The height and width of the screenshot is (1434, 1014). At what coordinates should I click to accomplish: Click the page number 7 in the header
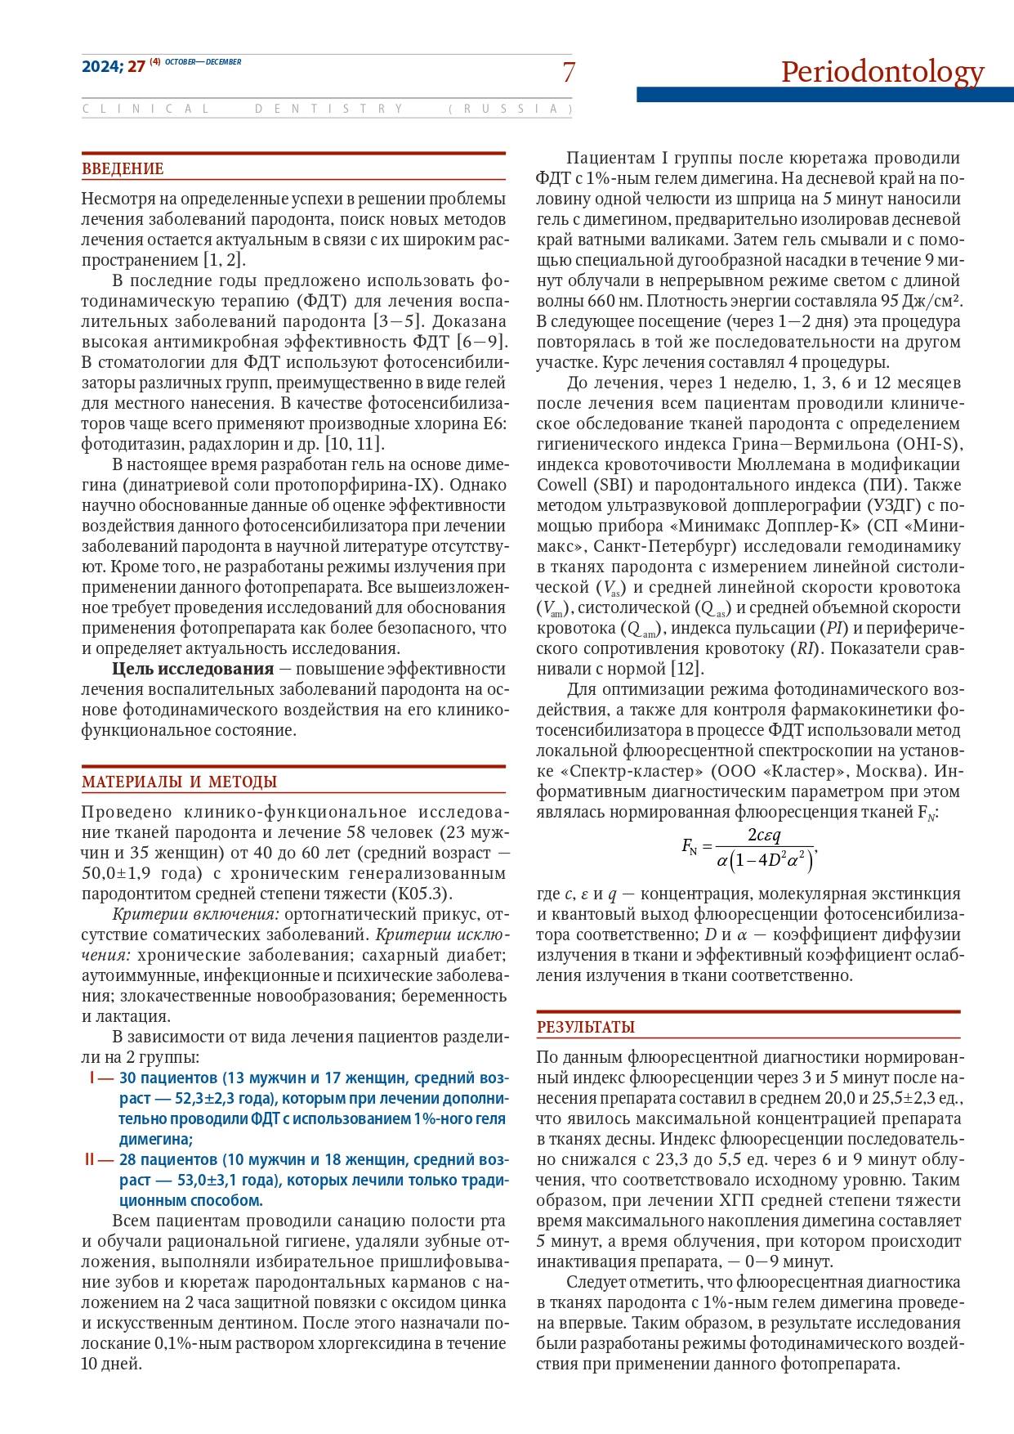click(569, 73)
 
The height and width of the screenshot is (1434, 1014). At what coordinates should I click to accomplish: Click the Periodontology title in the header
click(882, 72)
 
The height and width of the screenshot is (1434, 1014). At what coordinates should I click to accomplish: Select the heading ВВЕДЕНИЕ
click(123, 169)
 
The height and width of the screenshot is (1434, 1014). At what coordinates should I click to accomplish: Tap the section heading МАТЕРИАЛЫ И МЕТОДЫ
click(179, 782)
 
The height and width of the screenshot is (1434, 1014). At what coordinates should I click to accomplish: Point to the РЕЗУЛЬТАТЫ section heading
click(585, 1028)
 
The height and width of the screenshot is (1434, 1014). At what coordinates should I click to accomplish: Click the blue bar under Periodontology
click(824, 95)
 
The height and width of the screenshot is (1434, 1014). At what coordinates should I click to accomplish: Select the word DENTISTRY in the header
click(328, 109)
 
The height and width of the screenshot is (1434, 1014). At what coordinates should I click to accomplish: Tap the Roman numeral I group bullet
click(93, 1078)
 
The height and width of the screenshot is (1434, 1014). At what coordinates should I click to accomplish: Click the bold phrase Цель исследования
click(193, 669)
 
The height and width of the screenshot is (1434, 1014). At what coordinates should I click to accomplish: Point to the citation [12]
click(686, 669)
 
